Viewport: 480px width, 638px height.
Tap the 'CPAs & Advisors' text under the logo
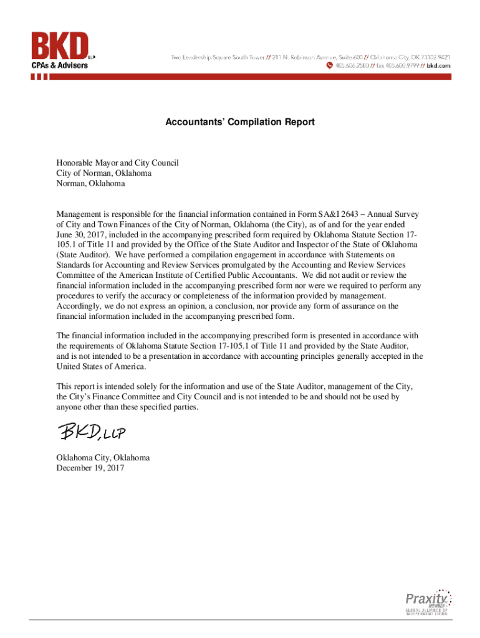60,65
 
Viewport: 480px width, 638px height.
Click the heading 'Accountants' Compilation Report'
240,122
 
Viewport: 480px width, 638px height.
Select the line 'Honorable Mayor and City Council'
118,163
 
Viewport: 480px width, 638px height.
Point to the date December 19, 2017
90,468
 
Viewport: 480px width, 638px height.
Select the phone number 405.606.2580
352,65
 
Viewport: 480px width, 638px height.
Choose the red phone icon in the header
330,65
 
